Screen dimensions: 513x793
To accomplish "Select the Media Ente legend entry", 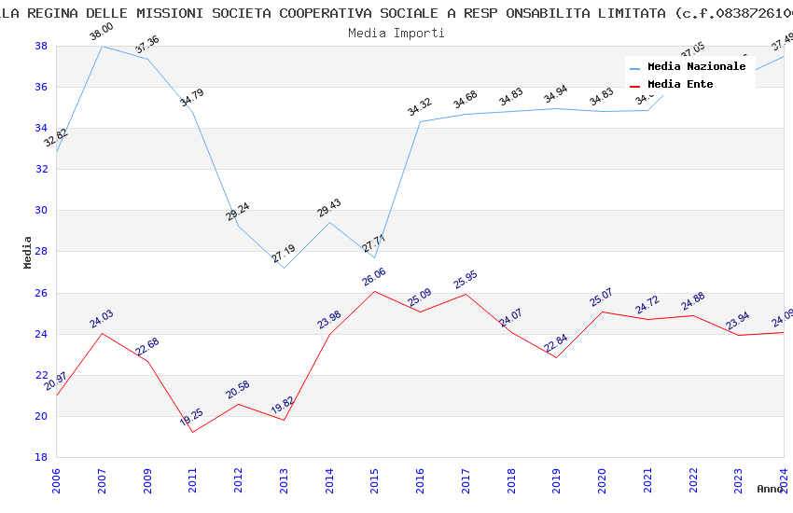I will (x=680, y=85).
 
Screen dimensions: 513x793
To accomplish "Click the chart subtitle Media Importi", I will (x=396, y=33).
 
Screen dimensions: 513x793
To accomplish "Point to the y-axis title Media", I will (x=27, y=252).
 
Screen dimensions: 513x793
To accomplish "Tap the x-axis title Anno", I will (x=770, y=489).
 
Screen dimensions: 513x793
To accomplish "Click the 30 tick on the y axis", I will (x=42, y=211).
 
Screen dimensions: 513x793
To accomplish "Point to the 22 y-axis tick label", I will (x=42, y=375).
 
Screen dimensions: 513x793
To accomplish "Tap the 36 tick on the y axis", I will (x=42, y=88).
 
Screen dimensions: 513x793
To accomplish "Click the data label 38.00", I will (x=101, y=33).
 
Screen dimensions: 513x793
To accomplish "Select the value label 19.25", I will (x=193, y=417).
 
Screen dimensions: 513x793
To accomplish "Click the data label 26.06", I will (x=374, y=277).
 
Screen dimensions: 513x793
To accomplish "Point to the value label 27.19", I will (x=284, y=254).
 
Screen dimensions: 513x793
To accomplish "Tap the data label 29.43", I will (x=329, y=208).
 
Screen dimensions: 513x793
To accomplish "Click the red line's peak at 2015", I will (x=375, y=292).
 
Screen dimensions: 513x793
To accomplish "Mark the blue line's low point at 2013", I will (x=284, y=269).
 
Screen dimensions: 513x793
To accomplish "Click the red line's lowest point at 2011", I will (x=193, y=432).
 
